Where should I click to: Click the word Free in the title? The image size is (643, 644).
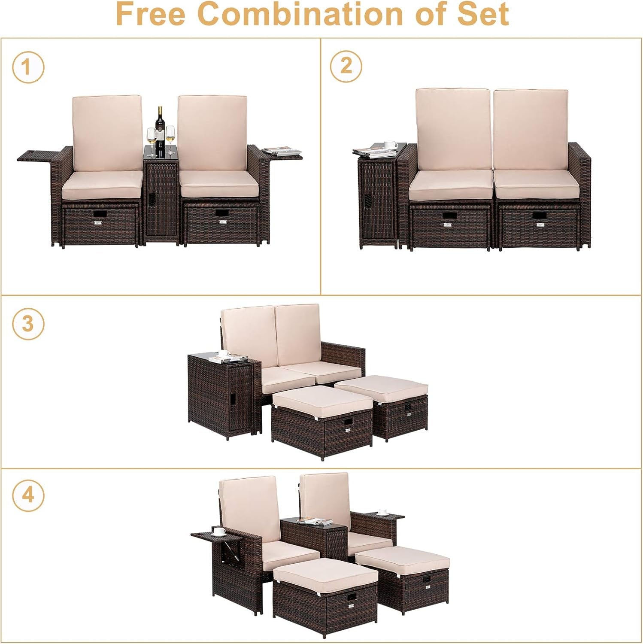151,14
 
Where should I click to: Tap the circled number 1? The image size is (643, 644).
28,67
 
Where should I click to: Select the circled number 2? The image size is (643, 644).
346,66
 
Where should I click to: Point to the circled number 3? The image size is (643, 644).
28,323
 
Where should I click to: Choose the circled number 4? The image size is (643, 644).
28,495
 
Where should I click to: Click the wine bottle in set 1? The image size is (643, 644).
160,131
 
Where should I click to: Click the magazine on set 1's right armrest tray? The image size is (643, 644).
283,151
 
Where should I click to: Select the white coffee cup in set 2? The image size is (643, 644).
391,144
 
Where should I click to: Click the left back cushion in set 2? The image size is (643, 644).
453,130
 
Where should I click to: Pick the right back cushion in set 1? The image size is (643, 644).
212,133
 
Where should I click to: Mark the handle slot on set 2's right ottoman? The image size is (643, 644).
540,216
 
